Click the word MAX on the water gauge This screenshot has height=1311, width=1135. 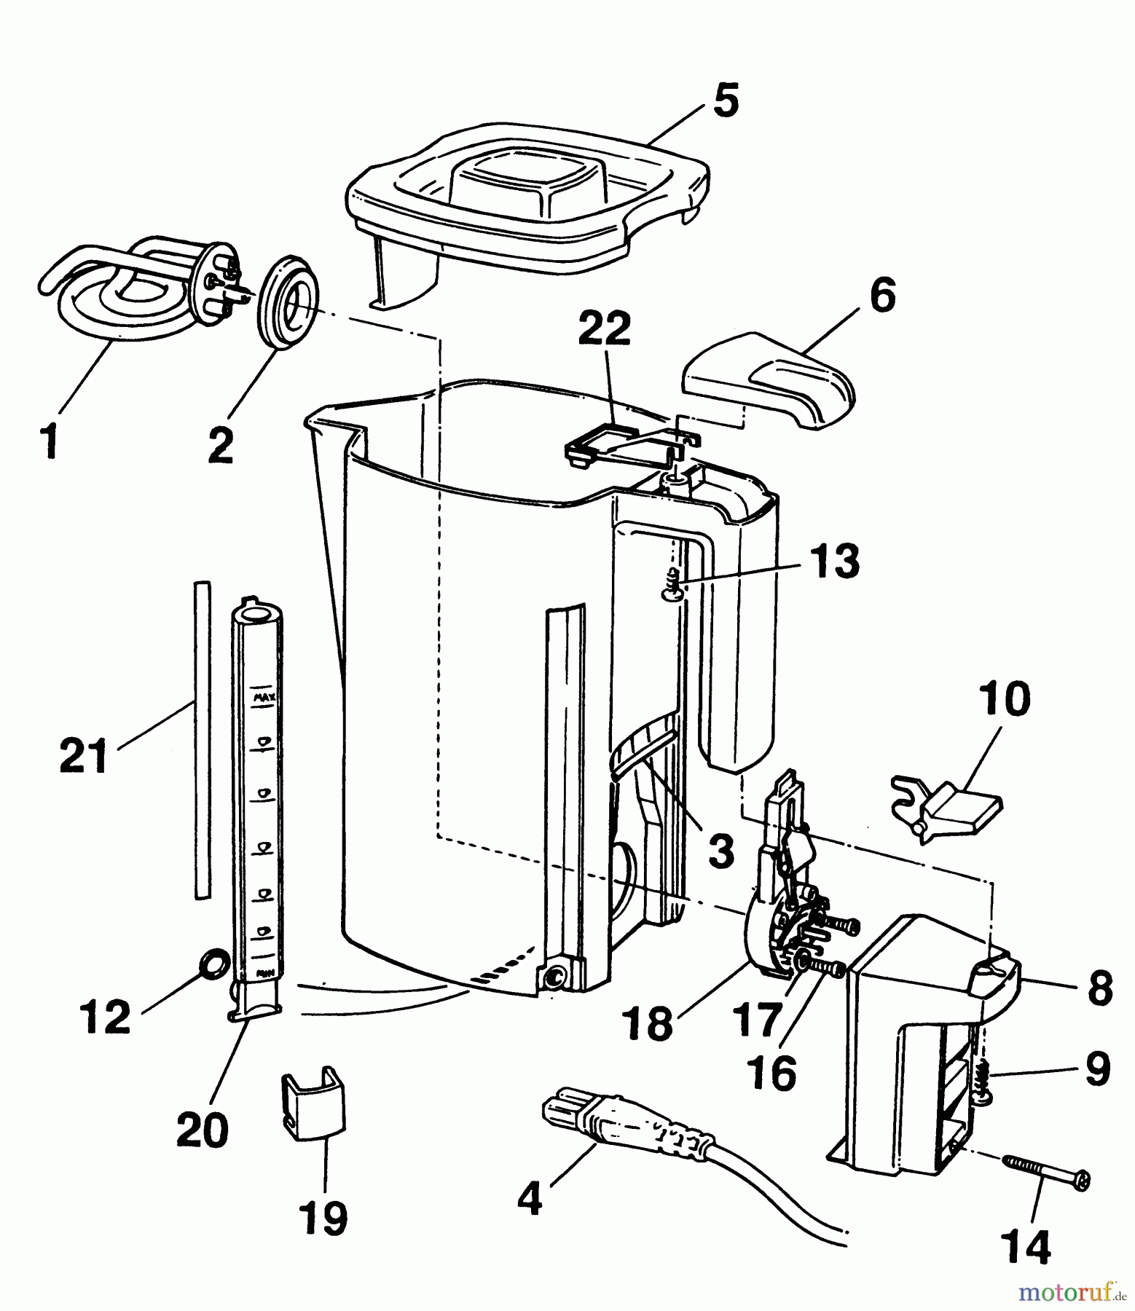click(263, 697)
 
